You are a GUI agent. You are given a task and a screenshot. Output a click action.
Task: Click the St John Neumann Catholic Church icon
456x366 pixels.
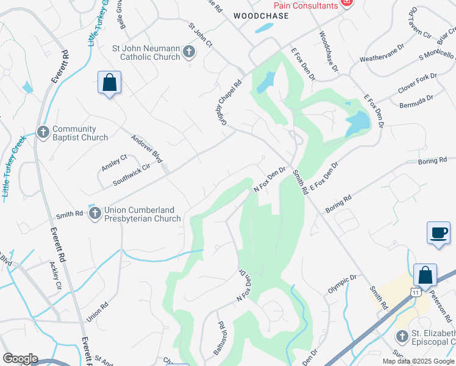click(188, 52)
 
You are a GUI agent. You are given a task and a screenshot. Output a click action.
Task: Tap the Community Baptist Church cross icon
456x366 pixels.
click(43, 132)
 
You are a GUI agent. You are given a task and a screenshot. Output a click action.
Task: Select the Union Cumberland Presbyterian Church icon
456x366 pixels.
click(94, 213)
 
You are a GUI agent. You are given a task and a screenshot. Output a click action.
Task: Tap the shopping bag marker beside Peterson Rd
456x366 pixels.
click(425, 276)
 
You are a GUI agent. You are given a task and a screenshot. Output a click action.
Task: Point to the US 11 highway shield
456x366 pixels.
click(416, 293)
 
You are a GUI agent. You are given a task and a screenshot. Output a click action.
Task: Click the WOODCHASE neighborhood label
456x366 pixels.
click(260, 16)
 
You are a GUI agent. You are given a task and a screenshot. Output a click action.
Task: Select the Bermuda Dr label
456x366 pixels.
click(416, 98)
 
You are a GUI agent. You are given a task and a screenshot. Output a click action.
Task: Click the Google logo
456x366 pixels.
click(20, 359)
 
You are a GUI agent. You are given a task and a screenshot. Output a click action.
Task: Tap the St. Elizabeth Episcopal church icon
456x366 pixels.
click(401, 336)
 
